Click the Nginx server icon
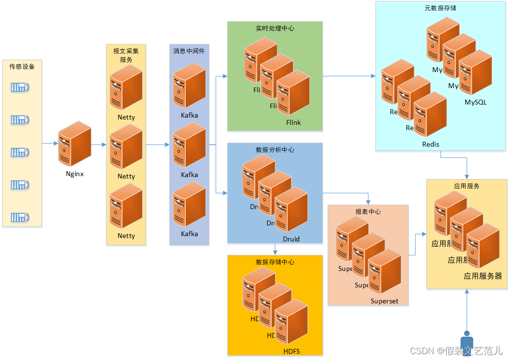[74, 144]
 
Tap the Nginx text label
[74, 174]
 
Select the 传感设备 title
[22, 67]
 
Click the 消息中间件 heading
[189, 51]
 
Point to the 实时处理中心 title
[275, 29]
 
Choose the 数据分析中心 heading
[275, 150]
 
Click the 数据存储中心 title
[275, 262]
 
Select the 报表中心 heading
[368, 212]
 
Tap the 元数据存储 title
[440, 8]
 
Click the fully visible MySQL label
[476, 103]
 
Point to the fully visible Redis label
[430, 145]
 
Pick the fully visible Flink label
[293, 122]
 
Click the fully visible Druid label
[291, 239]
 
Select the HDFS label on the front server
[291, 351]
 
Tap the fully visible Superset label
[384, 301]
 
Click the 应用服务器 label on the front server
[482, 276]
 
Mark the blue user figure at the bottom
[466, 343]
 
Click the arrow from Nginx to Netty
[99, 144]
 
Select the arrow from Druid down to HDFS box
[275, 249]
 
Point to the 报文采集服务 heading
[126, 55]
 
